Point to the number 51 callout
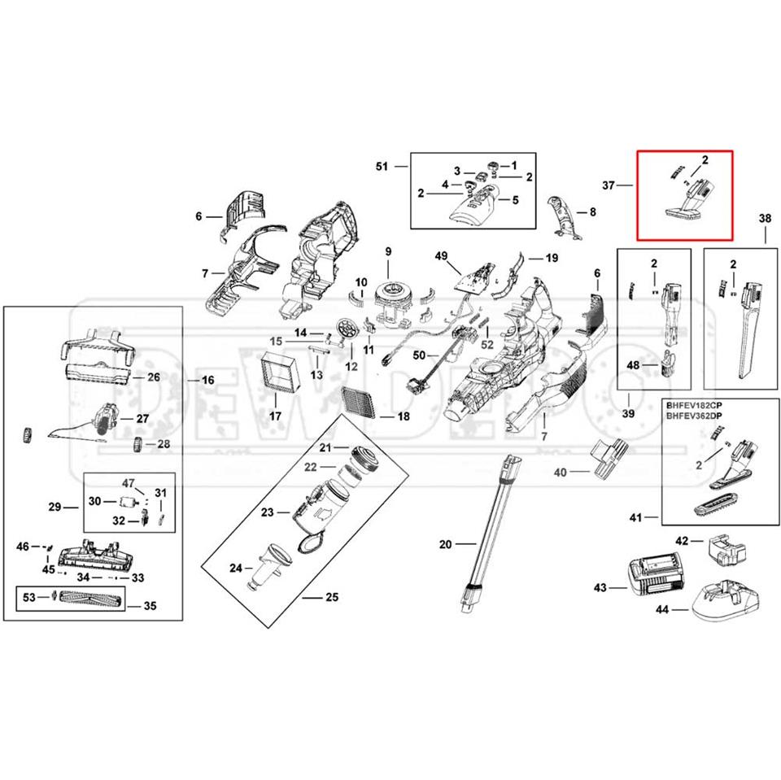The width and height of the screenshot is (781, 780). coord(382,166)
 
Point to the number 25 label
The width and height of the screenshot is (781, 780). coord(331,598)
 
